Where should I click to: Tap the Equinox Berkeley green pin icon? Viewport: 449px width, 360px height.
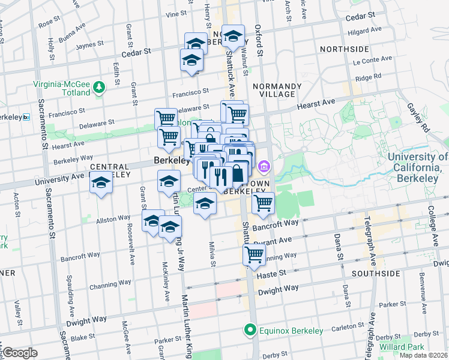tap(249, 330)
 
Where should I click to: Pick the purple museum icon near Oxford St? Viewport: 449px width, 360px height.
tap(263, 166)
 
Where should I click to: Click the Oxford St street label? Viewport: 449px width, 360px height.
tap(259, 40)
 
